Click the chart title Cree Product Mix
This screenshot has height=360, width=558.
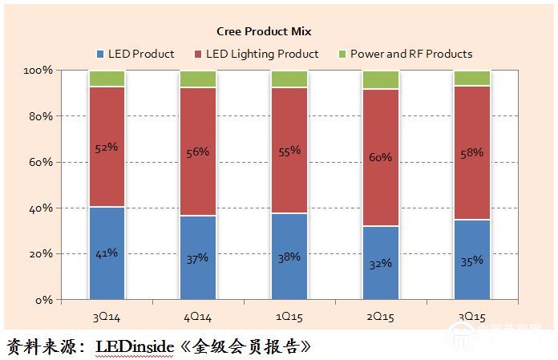click(264, 31)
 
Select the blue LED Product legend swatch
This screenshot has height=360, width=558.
click(99, 55)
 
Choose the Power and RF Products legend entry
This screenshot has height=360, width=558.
click(410, 54)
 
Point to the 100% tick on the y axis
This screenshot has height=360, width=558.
click(38, 71)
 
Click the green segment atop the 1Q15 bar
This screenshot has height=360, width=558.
click(289, 79)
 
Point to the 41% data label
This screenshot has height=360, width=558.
click(107, 253)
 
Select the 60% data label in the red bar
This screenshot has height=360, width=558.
click(381, 157)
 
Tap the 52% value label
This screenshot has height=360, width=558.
click(107, 148)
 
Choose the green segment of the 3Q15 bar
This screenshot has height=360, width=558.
click(472, 78)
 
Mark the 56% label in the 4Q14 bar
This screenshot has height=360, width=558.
click(198, 152)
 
